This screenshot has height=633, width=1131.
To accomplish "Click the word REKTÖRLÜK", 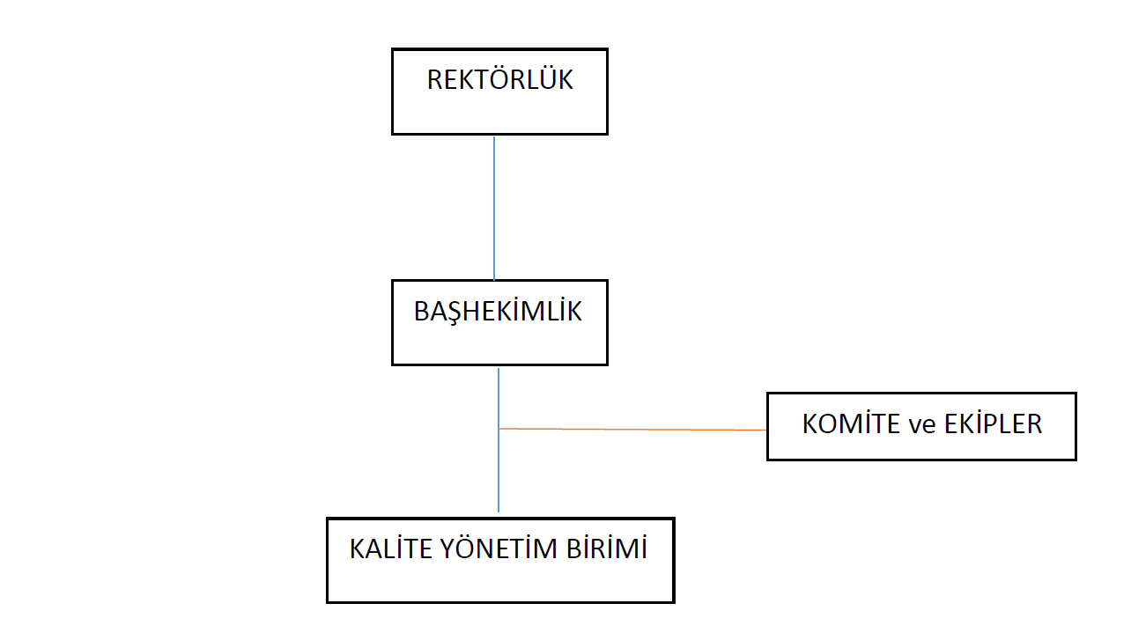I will tap(499, 80).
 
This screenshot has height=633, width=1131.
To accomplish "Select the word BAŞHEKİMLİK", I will tap(498, 312).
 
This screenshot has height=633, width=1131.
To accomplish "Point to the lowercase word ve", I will tap(922, 424).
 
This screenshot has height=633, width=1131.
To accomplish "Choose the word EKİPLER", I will tap(993, 423).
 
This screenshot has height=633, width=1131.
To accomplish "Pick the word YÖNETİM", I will tap(500, 548).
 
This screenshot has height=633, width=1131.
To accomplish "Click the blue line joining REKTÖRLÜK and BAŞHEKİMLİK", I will tap(494, 207).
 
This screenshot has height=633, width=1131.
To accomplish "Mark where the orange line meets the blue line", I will tap(499, 429).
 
